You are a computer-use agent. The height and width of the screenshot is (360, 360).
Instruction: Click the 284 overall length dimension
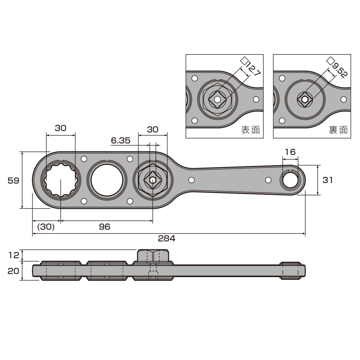(x=166, y=239)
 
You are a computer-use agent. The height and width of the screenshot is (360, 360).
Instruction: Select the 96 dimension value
(x=104, y=227)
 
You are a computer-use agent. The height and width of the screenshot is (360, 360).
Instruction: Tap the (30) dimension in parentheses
(x=46, y=227)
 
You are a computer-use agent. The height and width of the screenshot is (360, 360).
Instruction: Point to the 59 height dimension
(x=13, y=180)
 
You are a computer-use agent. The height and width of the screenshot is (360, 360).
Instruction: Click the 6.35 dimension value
(x=121, y=141)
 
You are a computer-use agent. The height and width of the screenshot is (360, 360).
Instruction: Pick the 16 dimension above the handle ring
(x=290, y=152)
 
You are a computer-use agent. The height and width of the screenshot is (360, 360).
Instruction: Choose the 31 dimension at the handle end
(x=327, y=180)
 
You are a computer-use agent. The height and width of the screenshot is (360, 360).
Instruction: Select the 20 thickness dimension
(x=13, y=271)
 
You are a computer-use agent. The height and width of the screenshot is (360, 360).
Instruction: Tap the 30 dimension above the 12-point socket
(x=60, y=128)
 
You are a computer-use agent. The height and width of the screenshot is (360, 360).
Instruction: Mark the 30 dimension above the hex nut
(x=153, y=129)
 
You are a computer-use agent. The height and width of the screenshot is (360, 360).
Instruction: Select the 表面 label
(x=250, y=130)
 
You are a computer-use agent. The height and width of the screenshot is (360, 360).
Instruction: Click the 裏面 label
(x=338, y=130)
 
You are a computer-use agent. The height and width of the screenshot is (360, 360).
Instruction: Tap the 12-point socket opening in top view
(x=60, y=180)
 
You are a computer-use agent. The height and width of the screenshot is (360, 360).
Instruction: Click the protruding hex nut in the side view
(x=153, y=256)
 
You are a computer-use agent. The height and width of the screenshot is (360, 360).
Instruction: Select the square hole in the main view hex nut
(x=153, y=180)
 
